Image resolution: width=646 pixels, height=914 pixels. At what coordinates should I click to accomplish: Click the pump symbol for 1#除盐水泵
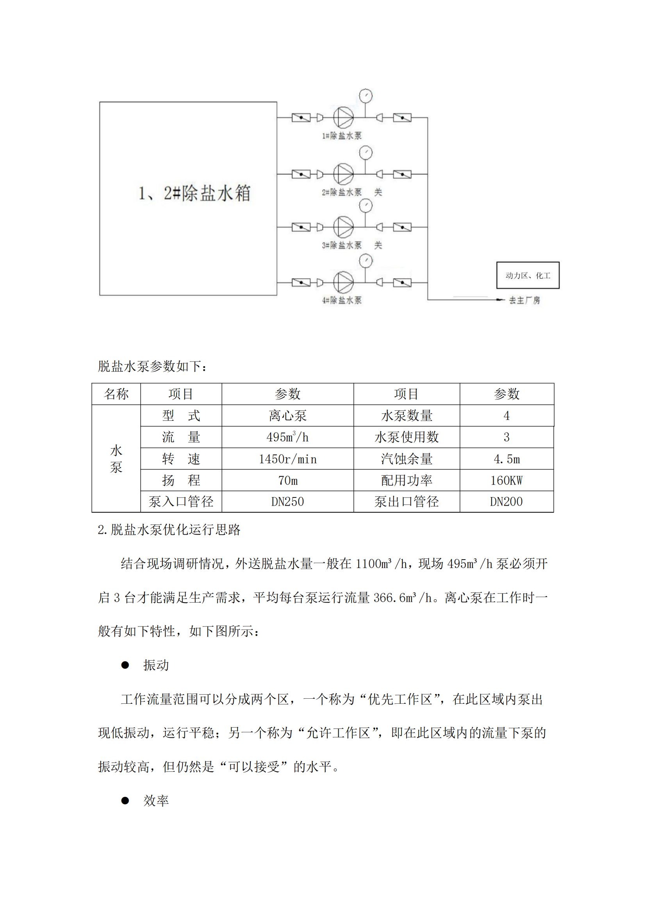point(343,118)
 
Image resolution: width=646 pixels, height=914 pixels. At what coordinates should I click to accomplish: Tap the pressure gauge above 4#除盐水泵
point(366,261)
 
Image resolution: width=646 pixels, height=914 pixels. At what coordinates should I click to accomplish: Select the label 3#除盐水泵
point(342,245)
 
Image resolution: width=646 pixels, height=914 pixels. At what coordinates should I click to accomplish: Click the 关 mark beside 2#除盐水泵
point(378,192)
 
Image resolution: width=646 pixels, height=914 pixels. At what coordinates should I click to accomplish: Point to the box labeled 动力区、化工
point(527,275)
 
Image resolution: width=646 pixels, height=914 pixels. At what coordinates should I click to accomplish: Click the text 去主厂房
point(524,300)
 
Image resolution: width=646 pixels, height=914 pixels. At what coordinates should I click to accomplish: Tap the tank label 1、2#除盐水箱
point(194,193)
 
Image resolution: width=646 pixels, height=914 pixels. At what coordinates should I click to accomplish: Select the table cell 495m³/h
point(287,437)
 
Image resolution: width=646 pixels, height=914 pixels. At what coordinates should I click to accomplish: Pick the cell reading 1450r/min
point(287,459)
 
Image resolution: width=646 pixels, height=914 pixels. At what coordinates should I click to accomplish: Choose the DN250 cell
point(287,502)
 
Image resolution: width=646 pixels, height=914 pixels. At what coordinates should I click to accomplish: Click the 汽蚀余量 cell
point(406,459)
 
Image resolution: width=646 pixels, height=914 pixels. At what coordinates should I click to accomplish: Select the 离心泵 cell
point(287,416)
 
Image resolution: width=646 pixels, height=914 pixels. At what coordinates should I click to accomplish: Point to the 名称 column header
point(116,394)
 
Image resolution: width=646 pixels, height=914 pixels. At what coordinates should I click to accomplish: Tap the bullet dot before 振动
point(125,665)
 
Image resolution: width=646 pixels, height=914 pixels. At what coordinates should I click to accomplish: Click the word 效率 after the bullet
point(156,801)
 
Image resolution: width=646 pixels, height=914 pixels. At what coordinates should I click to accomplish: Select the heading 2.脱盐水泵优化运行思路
point(169,530)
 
